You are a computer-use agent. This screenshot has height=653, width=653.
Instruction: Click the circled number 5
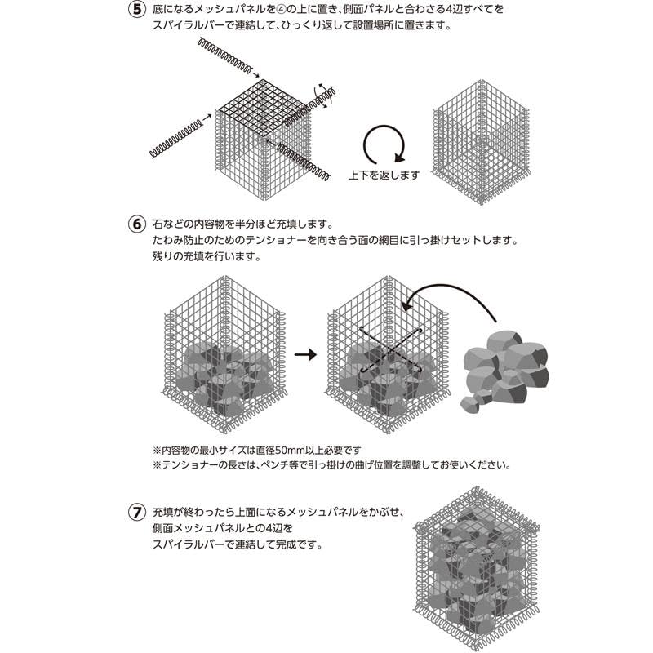[137, 11]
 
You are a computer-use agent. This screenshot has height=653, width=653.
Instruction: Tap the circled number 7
[137, 513]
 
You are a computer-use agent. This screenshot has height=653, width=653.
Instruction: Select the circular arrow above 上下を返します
[384, 145]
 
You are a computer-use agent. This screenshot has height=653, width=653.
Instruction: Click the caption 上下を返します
[384, 175]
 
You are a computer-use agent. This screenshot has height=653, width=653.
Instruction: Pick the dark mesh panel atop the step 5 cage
[261, 108]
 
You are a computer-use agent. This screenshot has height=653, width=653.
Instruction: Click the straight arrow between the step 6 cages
[304, 354]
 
